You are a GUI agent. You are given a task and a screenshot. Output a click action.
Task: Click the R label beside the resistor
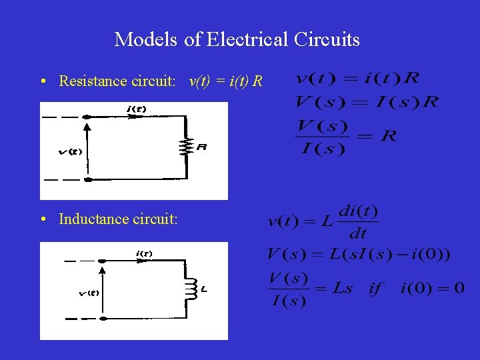coord(201,147)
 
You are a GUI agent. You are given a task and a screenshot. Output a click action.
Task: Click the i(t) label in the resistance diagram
coord(136,109)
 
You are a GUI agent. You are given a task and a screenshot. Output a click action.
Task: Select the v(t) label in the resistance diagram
coord(70,151)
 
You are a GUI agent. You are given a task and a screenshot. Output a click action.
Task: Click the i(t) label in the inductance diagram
coord(143,253)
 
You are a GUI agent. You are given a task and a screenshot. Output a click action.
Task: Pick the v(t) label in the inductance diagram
coord(89,293)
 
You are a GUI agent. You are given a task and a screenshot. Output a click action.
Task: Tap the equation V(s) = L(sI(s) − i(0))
coord(359,254)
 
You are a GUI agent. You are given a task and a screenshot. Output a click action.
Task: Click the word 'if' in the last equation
coord(377,289)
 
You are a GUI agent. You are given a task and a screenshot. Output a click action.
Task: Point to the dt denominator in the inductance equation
coord(358,233)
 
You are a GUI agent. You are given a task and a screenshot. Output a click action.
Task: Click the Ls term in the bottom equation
coord(343,289)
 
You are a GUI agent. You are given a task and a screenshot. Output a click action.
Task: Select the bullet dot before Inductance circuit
coord(42,219)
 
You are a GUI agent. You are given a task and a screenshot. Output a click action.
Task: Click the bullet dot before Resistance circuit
coord(42,82)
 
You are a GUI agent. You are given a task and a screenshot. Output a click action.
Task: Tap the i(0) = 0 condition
coord(432,289)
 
